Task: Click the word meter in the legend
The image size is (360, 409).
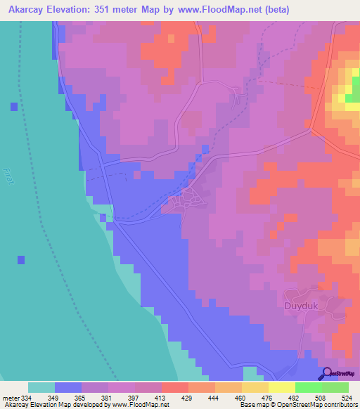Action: (11, 398)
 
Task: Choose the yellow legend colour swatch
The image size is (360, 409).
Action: (281, 387)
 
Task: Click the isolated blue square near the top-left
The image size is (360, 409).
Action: (14, 107)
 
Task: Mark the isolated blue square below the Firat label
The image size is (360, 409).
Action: (21, 260)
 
